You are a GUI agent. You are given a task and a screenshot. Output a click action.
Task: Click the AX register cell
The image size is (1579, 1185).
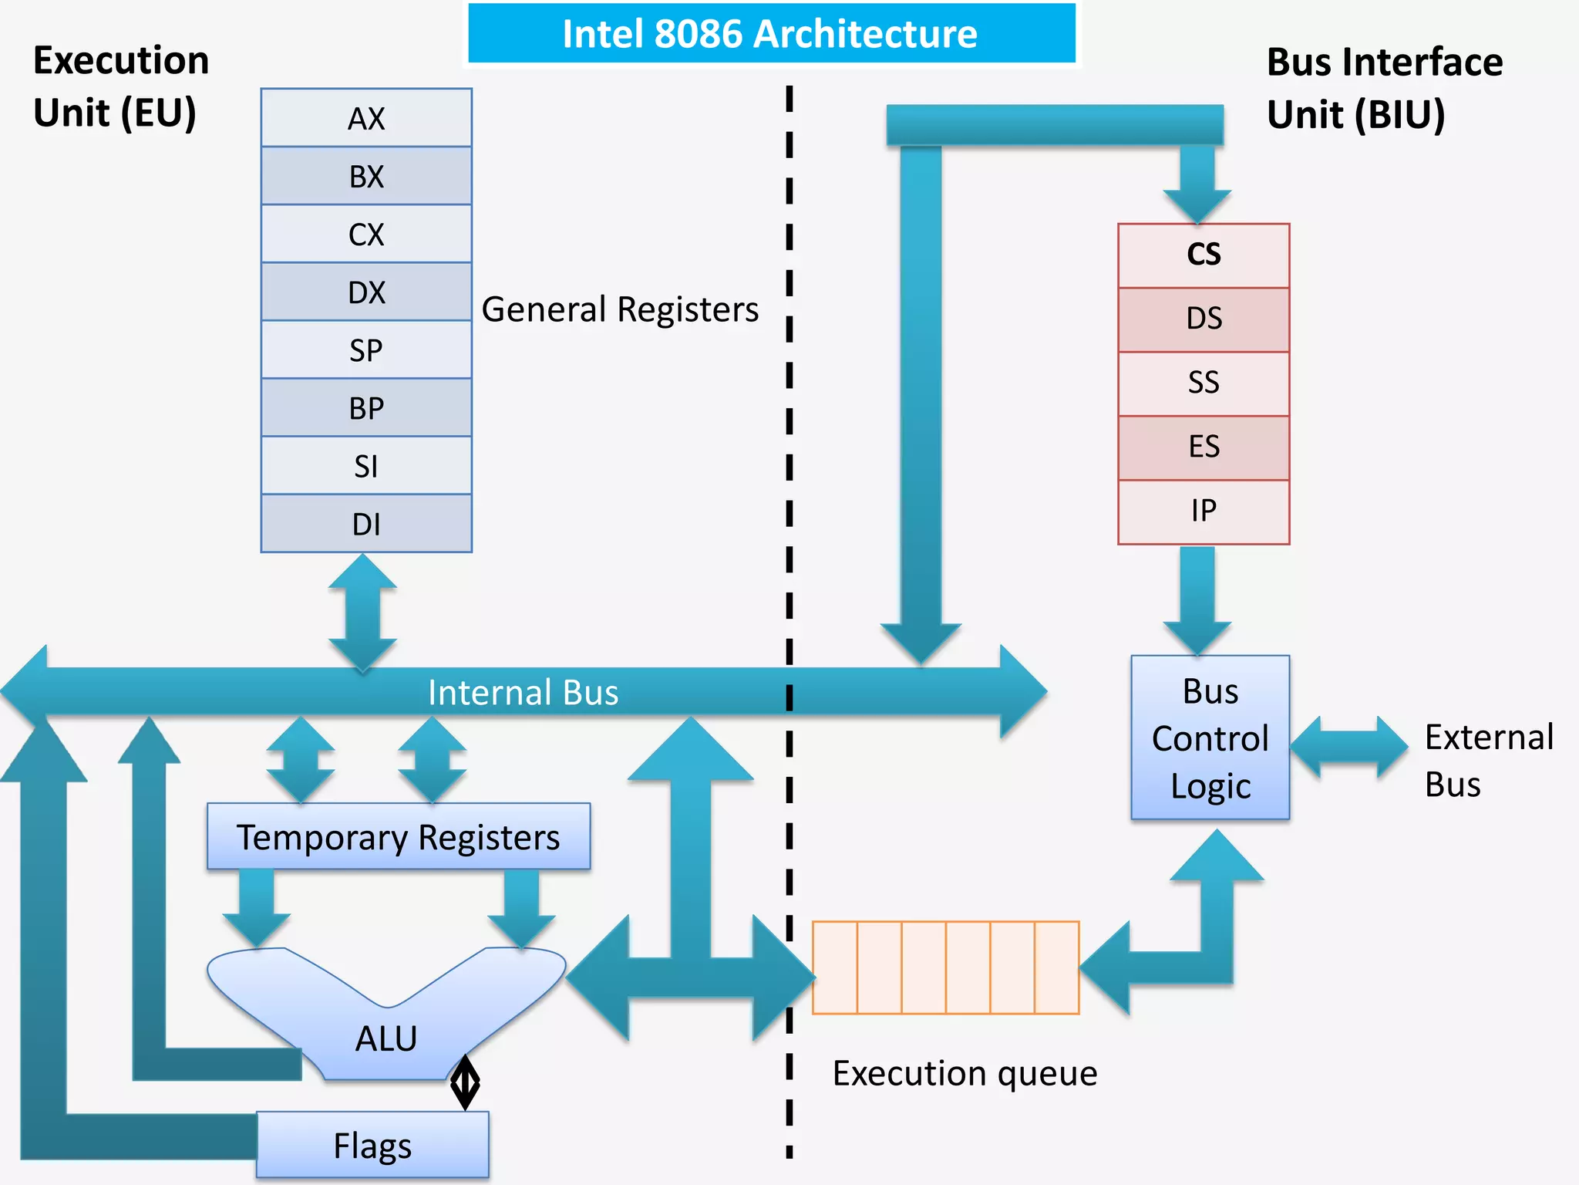click(366, 118)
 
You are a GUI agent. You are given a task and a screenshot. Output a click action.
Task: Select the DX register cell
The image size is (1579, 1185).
click(366, 292)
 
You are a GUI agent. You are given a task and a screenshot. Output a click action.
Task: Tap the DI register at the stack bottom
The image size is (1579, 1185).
click(366, 524)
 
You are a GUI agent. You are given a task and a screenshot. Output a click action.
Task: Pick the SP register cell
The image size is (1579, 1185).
click(366, 350)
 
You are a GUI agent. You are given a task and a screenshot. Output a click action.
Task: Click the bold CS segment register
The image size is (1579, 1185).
click(1204, 255)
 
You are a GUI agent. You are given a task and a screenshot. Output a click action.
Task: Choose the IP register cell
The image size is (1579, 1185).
click(1204, 511)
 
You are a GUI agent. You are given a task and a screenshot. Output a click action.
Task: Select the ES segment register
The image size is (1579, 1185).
click(1204, 447)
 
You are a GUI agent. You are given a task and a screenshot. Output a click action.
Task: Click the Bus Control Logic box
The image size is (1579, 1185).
click(1210, 738)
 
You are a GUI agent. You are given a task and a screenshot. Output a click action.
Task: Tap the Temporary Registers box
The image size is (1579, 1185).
click(398, 837)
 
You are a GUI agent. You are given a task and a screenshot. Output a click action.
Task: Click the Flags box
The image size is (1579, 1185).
click(372, 1145)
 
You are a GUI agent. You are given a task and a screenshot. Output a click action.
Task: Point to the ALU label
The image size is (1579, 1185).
click(385, 1038)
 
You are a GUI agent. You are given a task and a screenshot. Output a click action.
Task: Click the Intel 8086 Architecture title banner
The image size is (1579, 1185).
click(771, 34)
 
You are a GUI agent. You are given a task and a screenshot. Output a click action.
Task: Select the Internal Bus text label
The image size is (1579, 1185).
click(523, 693)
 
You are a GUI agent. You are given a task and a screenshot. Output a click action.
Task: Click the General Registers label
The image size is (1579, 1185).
click(620, 309)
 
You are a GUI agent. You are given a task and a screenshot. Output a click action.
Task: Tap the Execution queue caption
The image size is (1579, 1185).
click(965, 1073)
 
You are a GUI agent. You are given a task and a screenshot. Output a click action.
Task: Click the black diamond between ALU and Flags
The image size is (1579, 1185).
click(465, 1082)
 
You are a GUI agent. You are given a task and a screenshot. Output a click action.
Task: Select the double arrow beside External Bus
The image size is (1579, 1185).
click(1349, 747)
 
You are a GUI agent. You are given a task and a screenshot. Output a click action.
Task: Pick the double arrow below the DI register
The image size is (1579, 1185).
click(362, 613)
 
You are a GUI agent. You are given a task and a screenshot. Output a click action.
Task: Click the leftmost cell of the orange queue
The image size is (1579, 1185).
click(835, 967)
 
